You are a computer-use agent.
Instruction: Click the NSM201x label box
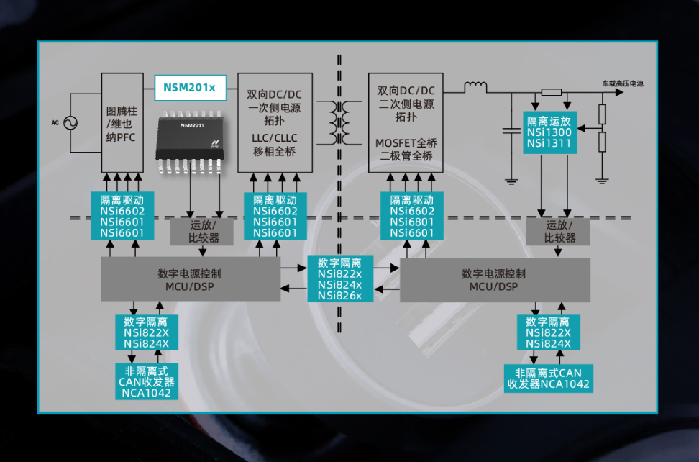tap(190, 88)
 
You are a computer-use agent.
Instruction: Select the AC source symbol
tap(71, 123)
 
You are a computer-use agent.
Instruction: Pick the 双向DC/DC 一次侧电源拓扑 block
tap(275, 122)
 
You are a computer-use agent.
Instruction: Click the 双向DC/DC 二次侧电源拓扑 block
tap(406, 122)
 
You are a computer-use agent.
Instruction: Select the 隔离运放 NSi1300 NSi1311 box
tap(549, 133)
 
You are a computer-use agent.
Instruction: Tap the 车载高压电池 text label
tap(622, 84)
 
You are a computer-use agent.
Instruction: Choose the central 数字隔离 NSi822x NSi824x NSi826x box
tap(339, 279)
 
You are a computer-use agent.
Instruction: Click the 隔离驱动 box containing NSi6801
tap(412, 216)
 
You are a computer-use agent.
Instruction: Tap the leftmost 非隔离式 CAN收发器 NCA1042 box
tap(146, 381)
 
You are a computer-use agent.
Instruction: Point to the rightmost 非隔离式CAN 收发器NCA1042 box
tap(548, 378)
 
